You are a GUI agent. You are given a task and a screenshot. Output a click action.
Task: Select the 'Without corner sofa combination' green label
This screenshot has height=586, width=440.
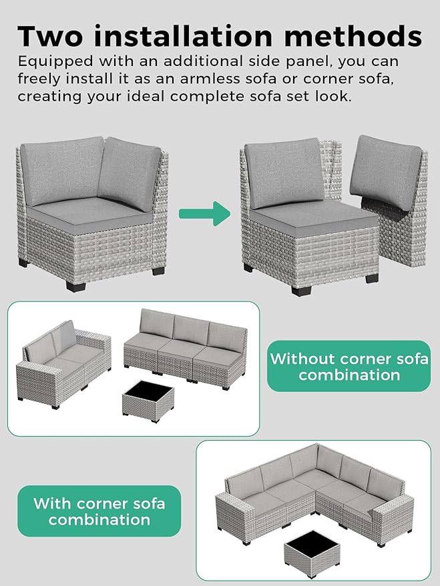pyautogui.click(x=349, y=366)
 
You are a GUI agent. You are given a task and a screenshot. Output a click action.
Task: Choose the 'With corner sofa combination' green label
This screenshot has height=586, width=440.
pyautogui.click(x=99, y=511)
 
